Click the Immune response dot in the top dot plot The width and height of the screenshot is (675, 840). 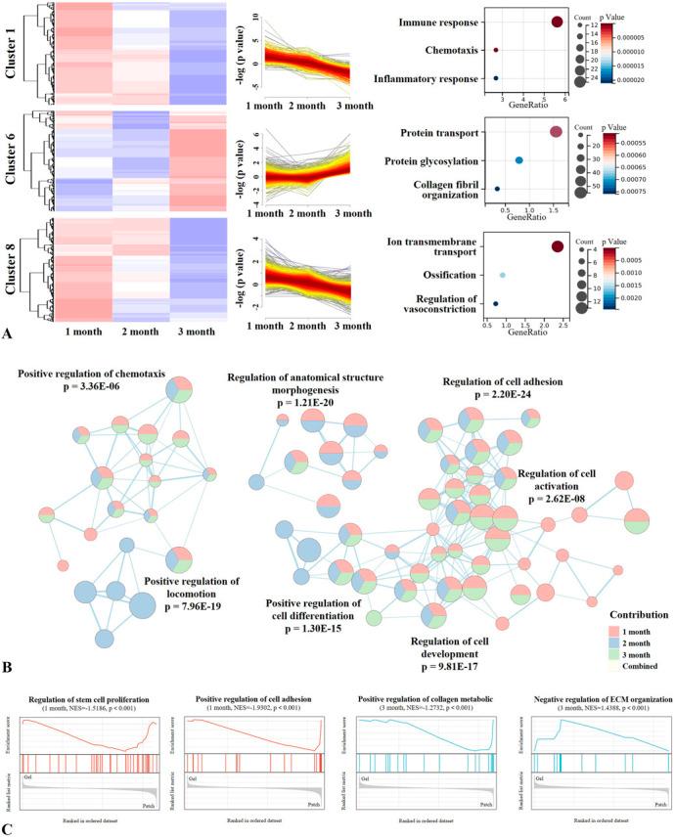pos(557,22)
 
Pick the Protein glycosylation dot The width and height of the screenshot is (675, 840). pos(519,160)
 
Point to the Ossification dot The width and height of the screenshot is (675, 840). pos(502,276)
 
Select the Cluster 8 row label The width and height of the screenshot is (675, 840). pos(12,271)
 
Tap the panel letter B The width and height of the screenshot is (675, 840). pos(8,666)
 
